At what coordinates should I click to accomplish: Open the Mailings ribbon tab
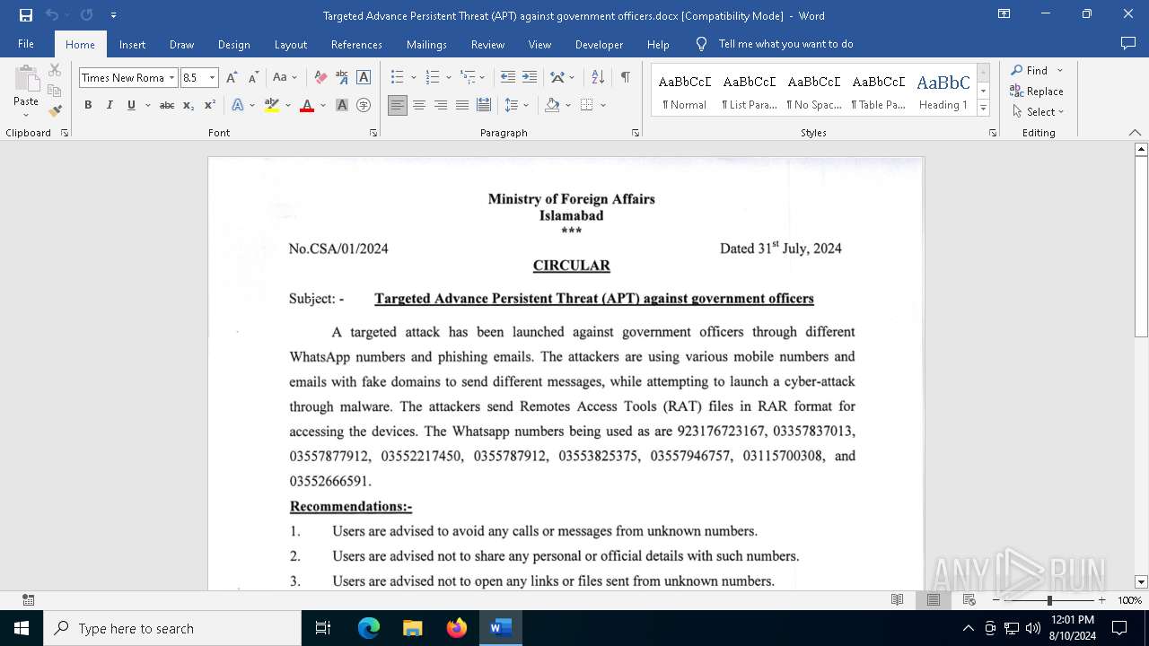tap(426, 44)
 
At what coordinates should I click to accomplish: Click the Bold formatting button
tap(88, 105)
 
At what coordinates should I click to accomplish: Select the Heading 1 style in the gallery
tap(943, 91)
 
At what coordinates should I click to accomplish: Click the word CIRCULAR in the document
tap(571, 266)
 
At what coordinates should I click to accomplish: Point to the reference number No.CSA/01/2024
tap(338, 249)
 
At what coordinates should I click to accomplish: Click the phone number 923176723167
tap(721, 431)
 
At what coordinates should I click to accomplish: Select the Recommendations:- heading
tap(351, 506)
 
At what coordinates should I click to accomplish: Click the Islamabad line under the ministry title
tap(571, 215)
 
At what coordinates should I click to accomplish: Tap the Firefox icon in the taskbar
tap(457, 628)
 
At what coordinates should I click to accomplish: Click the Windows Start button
tap(22, 628)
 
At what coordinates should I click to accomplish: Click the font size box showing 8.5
tap(193, 78)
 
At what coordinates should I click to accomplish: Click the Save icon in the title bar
tap(26, 15)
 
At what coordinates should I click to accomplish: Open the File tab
tap(26, 44)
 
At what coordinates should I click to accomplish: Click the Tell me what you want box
tap(785, 44)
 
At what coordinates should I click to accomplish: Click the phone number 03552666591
tap(329, 481)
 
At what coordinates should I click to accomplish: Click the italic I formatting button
tap(110, 105)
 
